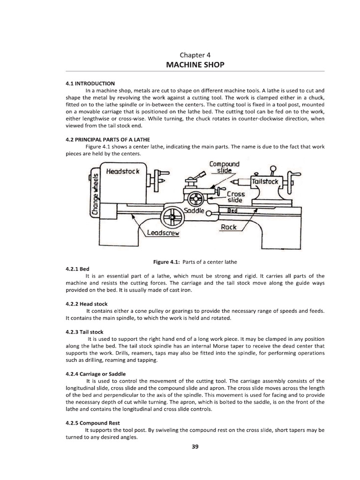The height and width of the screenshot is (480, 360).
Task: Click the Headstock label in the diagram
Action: pyautogui.click(x=123, y=172)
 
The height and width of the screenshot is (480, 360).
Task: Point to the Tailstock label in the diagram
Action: pyautogui.click(x=265, y=181)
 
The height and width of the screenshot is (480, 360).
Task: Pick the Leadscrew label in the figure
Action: pyautogui.click(x=163, y=233)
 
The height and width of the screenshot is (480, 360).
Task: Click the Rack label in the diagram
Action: pyautogui.click(x=229, y=227)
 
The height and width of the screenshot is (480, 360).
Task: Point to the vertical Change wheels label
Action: pyautogui.click(x=96, y=194)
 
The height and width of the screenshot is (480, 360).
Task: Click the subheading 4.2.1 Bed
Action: pyautogui.click(x=77, y=269)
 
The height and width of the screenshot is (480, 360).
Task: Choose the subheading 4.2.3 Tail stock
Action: pyautogui.click(x=84, y=331)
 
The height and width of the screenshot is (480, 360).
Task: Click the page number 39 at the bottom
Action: pyautogui.click(x=195, y=447)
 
